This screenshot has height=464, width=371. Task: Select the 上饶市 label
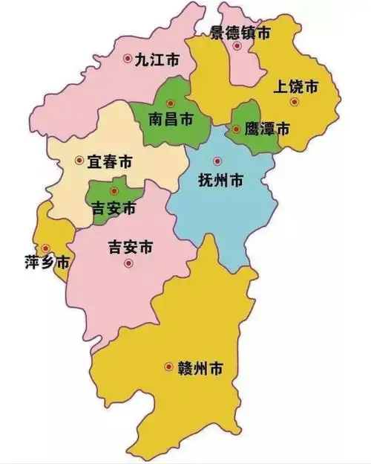297,86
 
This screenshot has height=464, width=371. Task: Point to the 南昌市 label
171,118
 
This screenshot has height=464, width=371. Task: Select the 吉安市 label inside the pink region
130,247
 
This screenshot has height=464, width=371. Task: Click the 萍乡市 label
47,264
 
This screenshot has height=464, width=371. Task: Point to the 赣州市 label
201,367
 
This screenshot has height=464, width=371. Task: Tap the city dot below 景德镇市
237,46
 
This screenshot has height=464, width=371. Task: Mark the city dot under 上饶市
295,101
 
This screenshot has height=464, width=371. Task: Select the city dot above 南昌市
171,103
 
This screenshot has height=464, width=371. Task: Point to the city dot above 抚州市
217,161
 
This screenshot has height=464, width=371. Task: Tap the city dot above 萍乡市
46,248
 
